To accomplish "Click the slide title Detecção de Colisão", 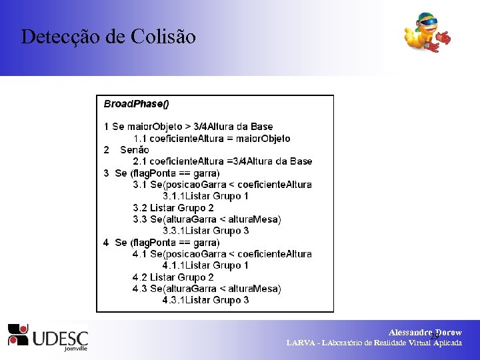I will [x=109, y=36].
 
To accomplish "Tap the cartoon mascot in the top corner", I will [x=427, y=33].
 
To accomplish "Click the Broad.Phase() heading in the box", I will [x=137, y=104].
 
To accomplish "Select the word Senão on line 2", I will [x=135, y=150].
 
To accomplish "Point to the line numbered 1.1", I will [x=211, y=139].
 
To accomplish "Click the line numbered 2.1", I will [x=222, y=161].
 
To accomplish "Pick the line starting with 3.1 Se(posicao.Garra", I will [x=222, y=185].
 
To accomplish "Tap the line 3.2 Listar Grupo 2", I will [x=173, y=208].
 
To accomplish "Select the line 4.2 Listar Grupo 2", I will [x=173, y=277].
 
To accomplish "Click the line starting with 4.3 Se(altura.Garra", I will [x=207, y=289].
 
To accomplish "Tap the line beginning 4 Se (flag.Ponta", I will [x=161, y=243].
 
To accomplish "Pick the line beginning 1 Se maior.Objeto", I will [x=188, y=127].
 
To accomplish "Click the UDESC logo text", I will [x=60, y=335].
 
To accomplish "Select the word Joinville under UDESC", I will [x=75, y=348].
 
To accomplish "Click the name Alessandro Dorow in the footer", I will [x=425, y=332].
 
